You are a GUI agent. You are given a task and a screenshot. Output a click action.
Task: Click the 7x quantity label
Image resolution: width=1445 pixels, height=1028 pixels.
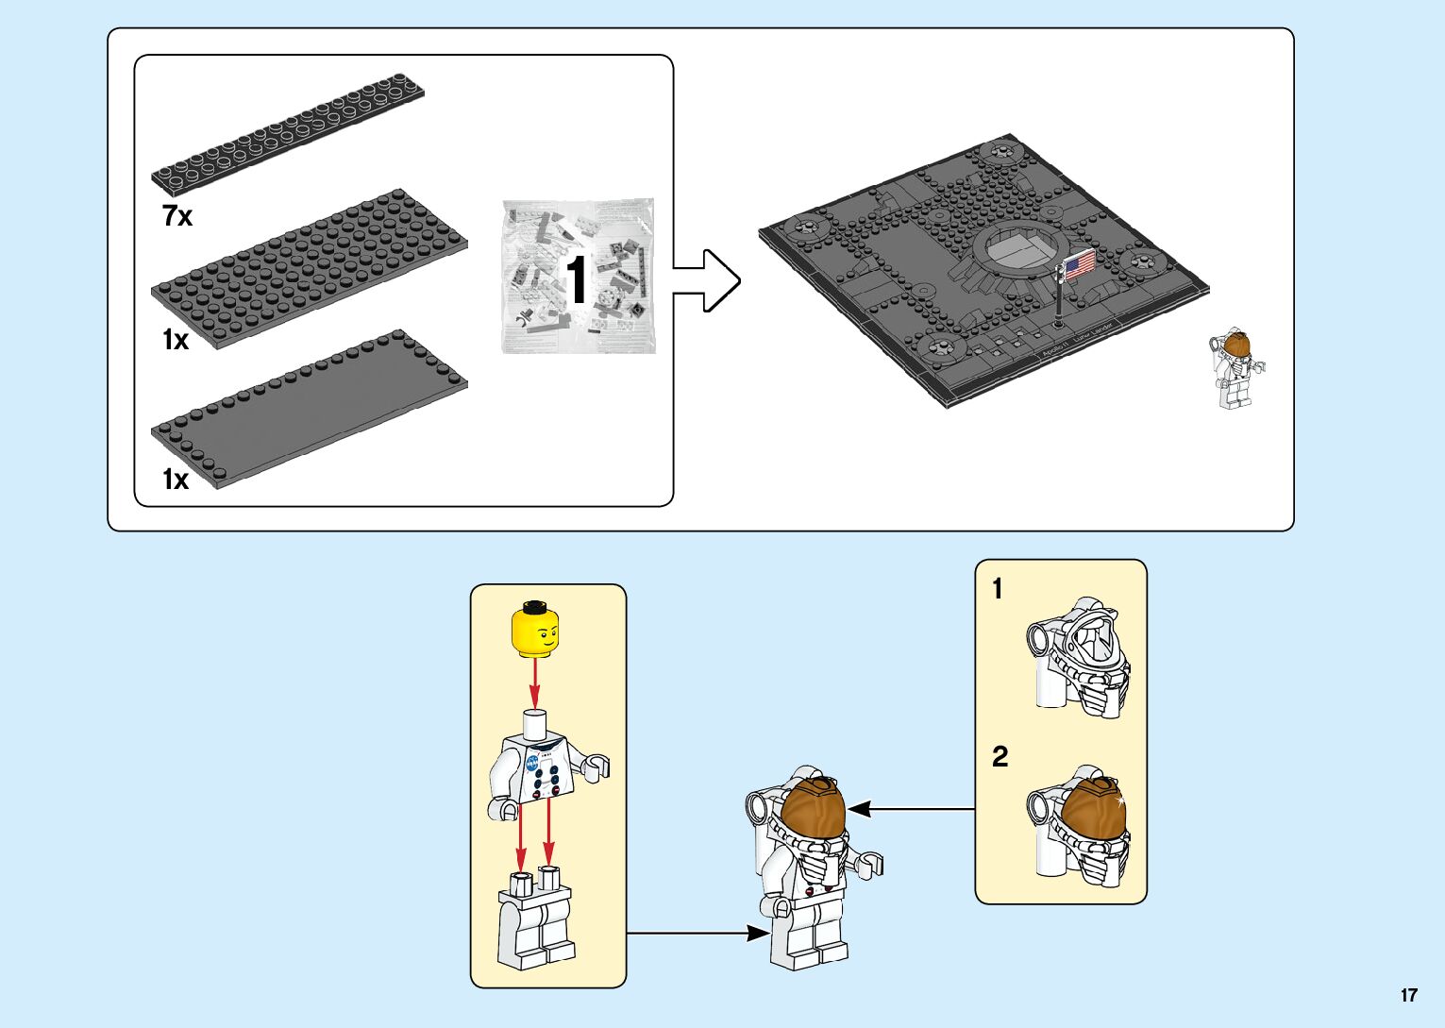(x=177, y=216)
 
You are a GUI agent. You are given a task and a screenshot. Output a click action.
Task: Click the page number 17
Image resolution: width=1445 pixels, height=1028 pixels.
(x=1408, y=995)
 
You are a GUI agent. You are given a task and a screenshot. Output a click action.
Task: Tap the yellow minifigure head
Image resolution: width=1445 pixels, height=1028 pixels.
(x=534, y=630)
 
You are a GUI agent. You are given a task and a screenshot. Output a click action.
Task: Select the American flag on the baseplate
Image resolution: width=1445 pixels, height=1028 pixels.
(x=1079, y=262)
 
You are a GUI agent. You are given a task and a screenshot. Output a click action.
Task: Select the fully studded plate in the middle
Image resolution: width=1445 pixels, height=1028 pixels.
(x=310, y=267)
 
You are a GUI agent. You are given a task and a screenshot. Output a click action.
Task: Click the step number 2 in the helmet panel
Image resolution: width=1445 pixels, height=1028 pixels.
(x=1000, y=756)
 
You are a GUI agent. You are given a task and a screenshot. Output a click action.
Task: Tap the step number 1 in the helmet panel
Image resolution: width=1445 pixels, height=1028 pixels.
(x=998, y=589)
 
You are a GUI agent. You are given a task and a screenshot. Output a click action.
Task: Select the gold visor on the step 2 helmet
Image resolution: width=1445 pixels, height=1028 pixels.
(x=1094, y=811)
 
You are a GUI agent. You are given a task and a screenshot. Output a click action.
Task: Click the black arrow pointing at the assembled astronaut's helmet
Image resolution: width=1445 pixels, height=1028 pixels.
(x=911, y=809)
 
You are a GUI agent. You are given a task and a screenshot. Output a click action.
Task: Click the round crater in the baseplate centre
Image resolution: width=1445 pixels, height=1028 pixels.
(x=1017, y=249)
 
